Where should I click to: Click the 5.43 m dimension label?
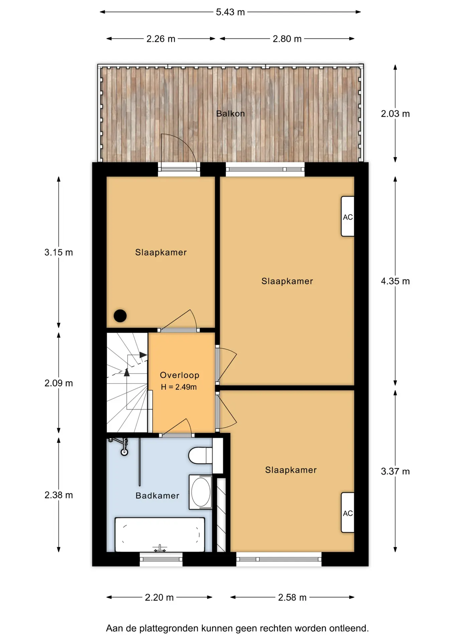pos(230,12)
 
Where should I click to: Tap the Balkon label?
pos(230,114)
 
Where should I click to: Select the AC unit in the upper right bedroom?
pos(348,217)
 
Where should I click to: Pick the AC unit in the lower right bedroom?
pos(348,513)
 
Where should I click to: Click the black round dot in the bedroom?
pos(120,316)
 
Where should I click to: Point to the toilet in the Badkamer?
pos(200,455)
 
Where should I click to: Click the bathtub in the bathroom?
pos(160,535)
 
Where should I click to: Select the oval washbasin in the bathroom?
pos(201,492)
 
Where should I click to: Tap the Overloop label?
pos(180,375)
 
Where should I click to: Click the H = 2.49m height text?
pos(179,387)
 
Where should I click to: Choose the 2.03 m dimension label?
pos(395,114)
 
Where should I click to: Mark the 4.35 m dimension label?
pos(395,281)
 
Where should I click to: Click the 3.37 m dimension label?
pos(395,471)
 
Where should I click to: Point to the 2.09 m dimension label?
pos(59,383)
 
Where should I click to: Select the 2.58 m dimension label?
pos(292,598)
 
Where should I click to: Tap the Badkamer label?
pos(157,496)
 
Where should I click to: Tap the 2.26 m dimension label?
pos(161,39)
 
